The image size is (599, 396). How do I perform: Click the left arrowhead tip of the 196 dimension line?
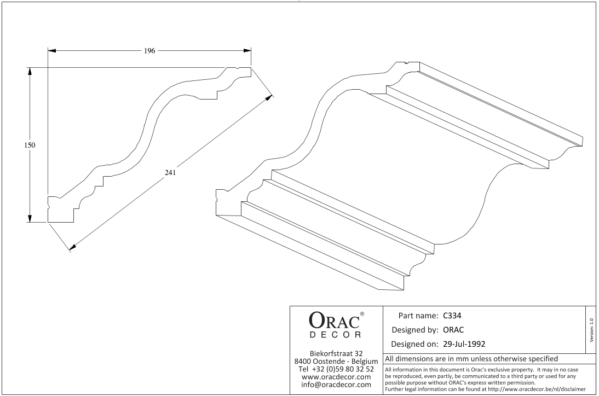pos(48,50)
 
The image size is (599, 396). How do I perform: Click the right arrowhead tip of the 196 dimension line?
pos(251,50)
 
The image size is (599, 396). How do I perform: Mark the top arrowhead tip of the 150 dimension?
pos(30,68)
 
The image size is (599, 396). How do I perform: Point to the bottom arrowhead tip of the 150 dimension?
pos(30,222)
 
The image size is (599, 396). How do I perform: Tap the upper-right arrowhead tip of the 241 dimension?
pos(272,95)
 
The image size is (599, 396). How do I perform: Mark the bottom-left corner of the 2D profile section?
pos(48,222)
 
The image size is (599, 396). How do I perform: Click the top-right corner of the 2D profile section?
pos(251,68)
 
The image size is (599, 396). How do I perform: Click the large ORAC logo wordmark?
pos(334,321)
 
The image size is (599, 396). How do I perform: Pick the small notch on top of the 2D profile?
pos(237,69)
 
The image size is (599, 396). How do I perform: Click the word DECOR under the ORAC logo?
pos(335,335)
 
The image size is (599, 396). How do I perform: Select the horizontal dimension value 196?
pos(149,51)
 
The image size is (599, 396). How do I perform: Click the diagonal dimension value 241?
pos(170,172)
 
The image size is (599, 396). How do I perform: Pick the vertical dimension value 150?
pos(30,145)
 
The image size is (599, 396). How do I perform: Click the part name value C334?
pos(452,316)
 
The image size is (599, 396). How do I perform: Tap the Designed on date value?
pos(464,343)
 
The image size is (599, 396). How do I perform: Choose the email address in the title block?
pos(336,385)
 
